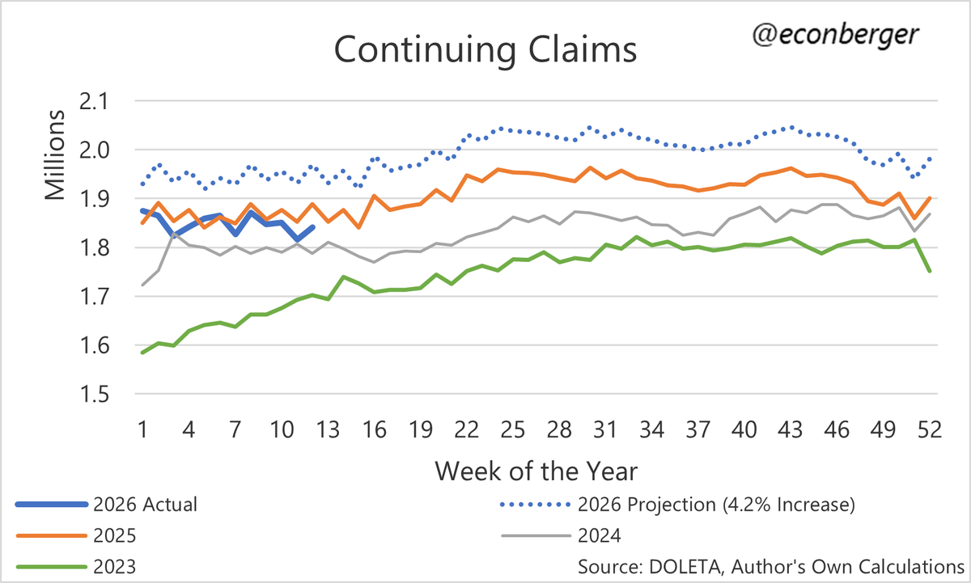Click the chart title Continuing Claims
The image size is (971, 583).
pyautogui.click(x=485, y=50)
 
